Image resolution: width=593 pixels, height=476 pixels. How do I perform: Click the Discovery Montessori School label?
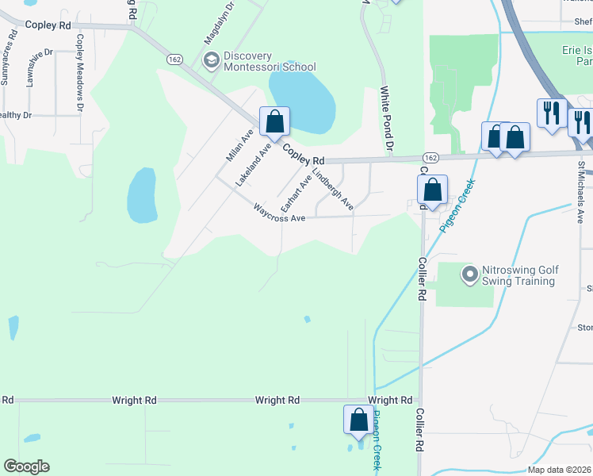pos(270,61)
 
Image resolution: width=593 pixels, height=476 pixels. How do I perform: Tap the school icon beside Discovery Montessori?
pos(212,60)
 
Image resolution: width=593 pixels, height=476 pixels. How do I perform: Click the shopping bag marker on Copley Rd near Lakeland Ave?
pos(274,122)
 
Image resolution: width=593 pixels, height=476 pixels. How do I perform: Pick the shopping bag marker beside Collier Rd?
pos(432,190)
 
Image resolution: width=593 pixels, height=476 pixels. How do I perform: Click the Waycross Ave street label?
pos(279,213)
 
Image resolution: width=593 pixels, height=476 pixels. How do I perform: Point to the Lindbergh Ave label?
pos(332,189)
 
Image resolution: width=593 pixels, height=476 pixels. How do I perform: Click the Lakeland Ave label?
pos(253,164)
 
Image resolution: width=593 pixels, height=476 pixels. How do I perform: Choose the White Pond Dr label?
pos(387,120)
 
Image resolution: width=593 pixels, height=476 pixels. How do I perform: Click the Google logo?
pos(26,466)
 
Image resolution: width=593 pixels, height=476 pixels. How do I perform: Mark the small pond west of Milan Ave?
pos(141,195)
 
